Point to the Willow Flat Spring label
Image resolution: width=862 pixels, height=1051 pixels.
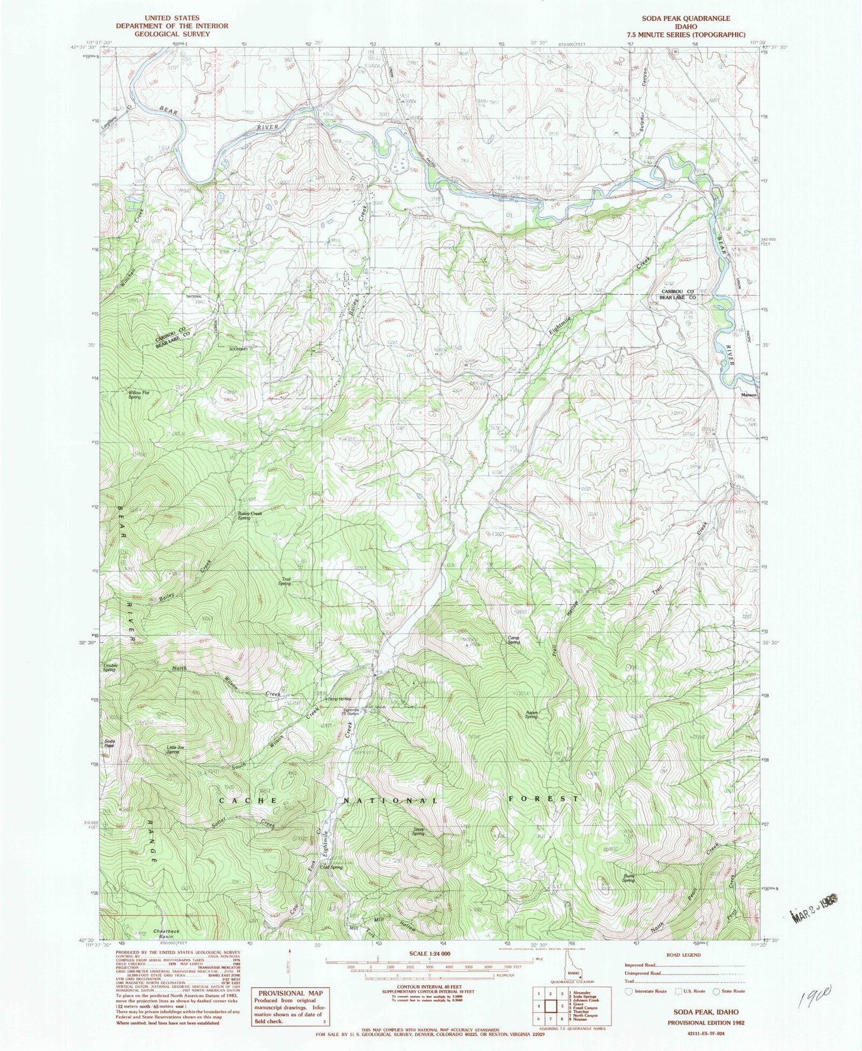point(135,395)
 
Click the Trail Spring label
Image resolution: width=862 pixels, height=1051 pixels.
point(285,581)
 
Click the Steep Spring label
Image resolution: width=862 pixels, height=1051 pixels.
point(418,831)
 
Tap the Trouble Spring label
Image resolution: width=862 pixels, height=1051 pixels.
point(110,667)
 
